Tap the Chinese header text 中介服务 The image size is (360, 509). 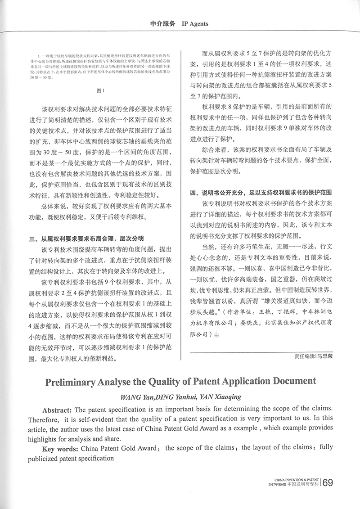162,24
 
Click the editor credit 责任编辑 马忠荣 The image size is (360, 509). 310,357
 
